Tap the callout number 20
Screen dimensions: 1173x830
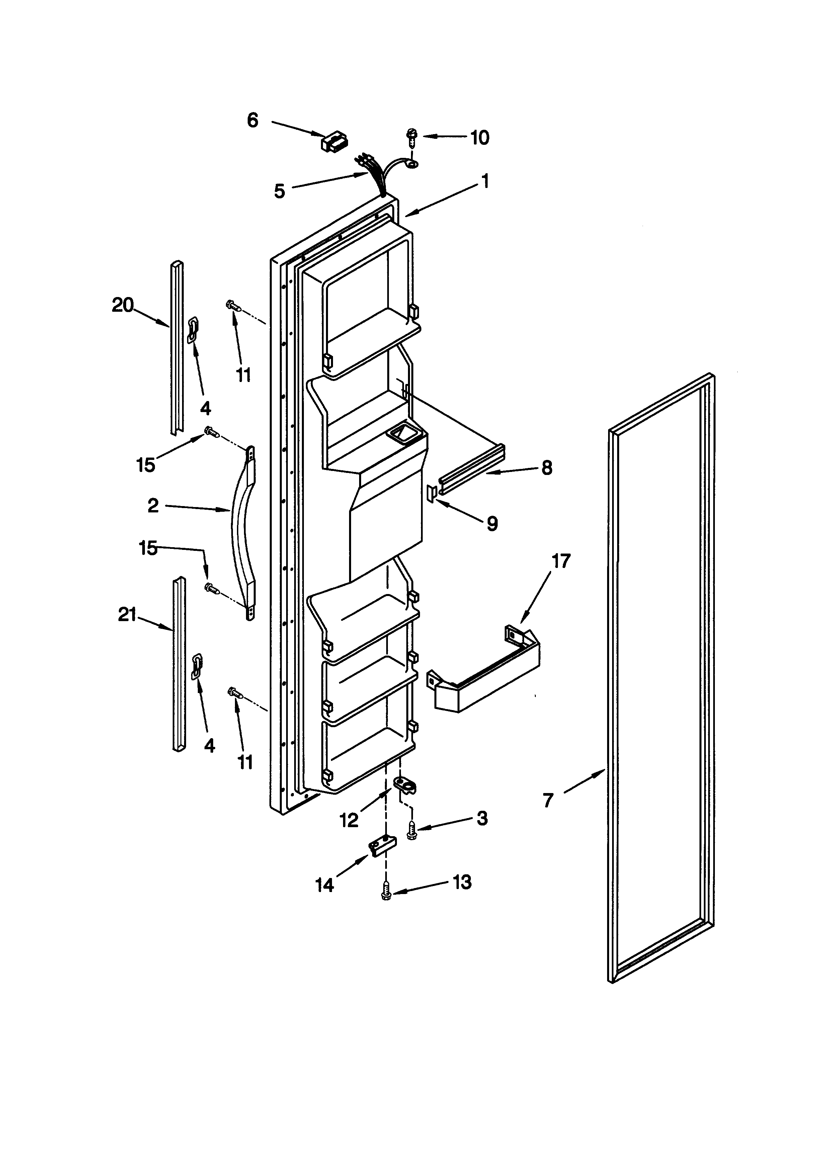pos(123,305)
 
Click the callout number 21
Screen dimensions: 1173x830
pos(127,615)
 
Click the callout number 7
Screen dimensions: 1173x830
pos(548,800)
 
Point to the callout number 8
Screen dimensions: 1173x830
pos(547,468)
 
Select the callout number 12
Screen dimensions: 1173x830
pos(349,820)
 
